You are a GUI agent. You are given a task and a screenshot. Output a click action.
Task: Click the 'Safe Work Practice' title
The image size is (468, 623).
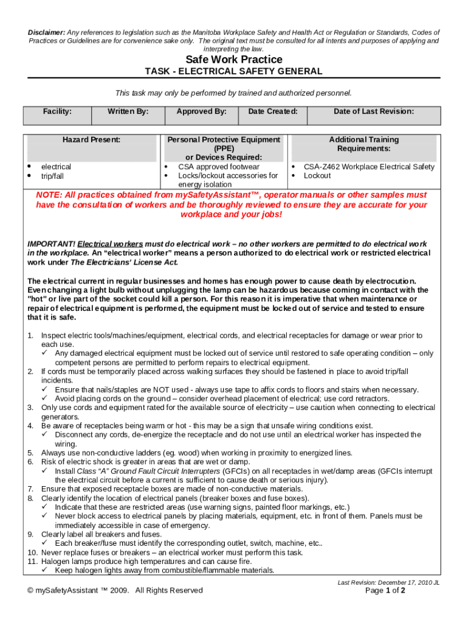(x=234, y=60)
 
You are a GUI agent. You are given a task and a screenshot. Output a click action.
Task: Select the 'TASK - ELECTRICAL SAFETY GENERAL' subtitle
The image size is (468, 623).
(x=233, y=72)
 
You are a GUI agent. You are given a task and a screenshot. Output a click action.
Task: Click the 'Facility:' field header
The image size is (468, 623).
(x=57, y=111)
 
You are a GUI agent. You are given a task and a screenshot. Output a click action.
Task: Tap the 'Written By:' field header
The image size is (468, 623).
(x=128, y=111)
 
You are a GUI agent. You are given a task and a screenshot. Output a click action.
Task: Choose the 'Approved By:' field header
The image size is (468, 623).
(x=201, y=111)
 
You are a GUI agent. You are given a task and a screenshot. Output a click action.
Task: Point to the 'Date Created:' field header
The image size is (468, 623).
(x=273, y=111)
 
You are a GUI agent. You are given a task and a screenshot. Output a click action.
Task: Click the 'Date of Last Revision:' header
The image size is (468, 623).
(x=374, y=111)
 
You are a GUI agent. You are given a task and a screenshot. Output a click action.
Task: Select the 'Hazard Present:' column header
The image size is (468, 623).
(x=91, y=140)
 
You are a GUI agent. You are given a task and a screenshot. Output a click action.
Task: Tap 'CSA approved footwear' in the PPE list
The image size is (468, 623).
(x=218, y=167)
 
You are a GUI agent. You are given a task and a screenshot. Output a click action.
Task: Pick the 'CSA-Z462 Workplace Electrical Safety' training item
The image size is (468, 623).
(x=369, y=167)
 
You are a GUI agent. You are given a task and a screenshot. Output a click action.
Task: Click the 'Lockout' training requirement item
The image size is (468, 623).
(x=317, y=176)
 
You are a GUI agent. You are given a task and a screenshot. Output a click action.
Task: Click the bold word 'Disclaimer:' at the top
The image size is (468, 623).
(x=46, y=32)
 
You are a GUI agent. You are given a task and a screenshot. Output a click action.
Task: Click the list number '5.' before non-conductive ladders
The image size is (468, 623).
(x=30, y=453)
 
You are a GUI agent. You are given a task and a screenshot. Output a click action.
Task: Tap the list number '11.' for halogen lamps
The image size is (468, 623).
(x=32, y=562)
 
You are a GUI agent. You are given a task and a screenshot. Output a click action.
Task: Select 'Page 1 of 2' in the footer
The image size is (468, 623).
(x=385, y=590)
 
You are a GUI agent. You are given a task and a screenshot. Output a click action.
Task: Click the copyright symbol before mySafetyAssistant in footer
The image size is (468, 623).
(x=30, y=590)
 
